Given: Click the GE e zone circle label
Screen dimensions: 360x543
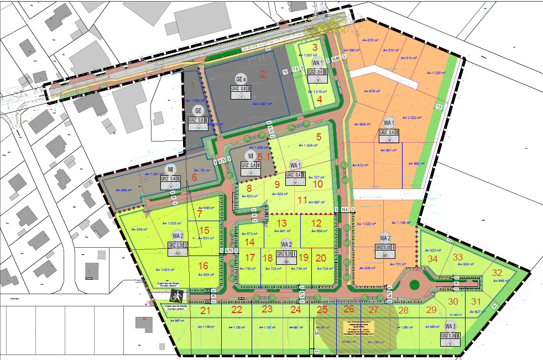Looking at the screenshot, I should point(240,78).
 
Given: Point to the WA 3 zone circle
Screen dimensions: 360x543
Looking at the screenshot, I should point(450,326).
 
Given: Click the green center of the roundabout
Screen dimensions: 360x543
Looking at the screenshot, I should point(416,285).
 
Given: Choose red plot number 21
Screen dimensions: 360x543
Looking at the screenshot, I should point(206,311).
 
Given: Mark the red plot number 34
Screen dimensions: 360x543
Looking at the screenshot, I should point(433,258).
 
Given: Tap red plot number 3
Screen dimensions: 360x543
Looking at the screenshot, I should point(315,48).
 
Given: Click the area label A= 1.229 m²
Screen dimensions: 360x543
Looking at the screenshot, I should point(437,73).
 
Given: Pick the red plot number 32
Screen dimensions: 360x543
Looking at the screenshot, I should point(497,273).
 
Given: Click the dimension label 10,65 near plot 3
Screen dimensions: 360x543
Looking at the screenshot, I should point(336,58).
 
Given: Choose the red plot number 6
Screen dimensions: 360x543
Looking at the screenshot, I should point(194,178).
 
